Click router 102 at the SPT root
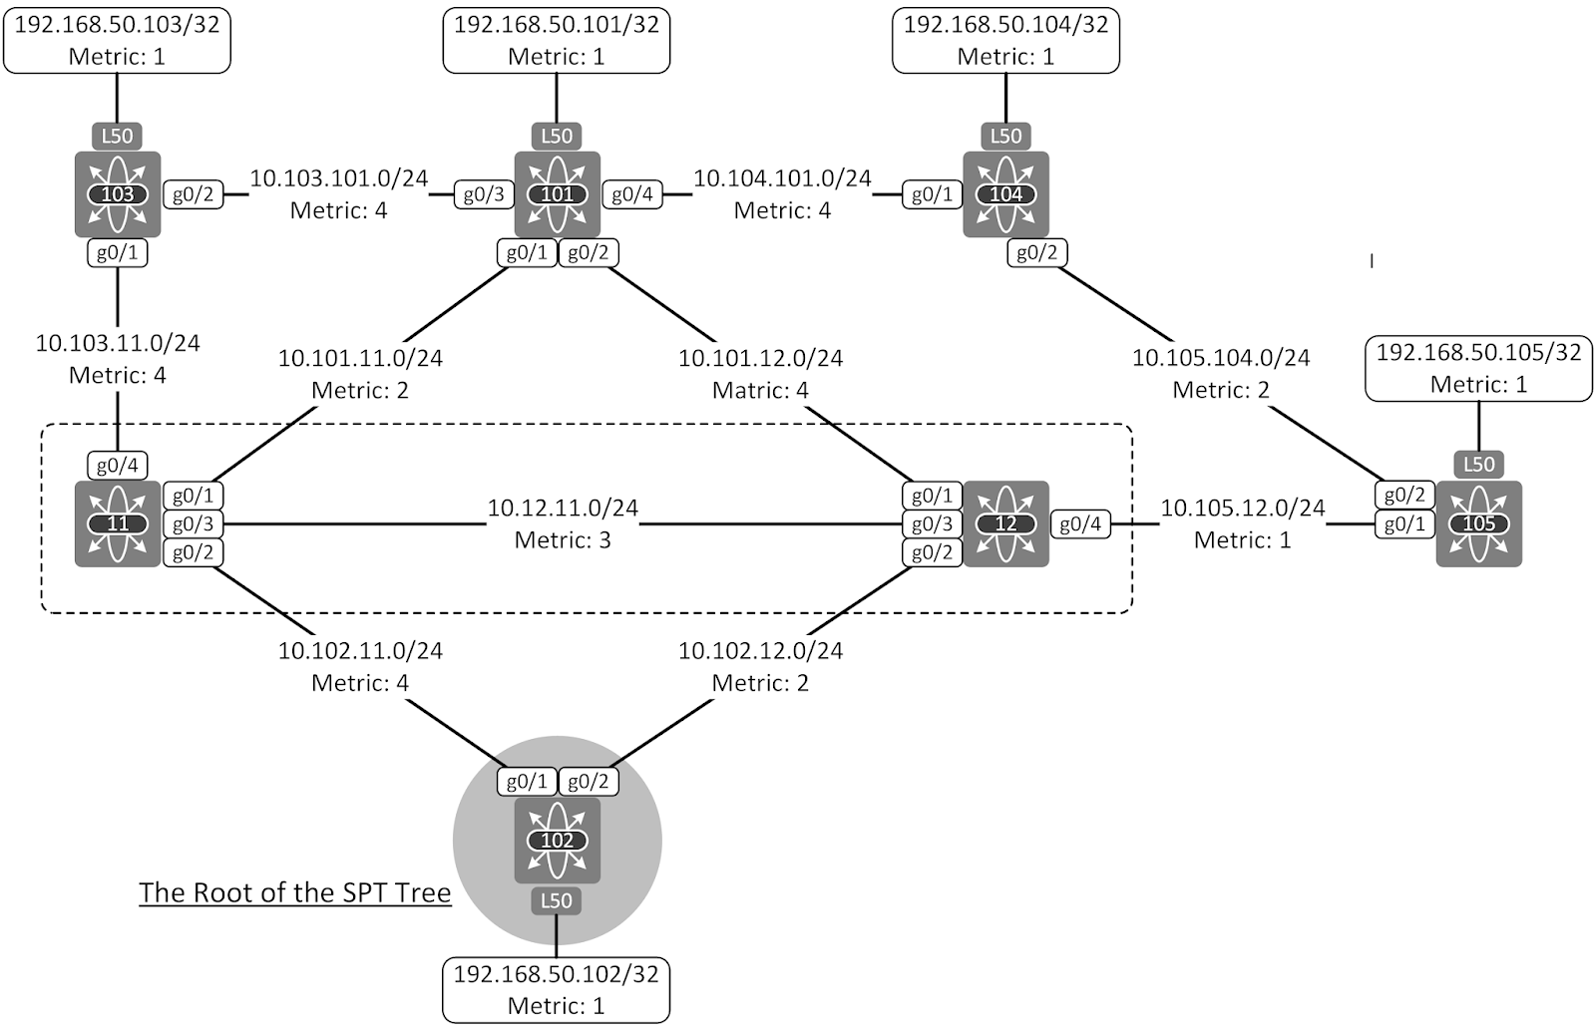point(557,840)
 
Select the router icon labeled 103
point(118,194)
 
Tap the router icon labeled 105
point(1478,523)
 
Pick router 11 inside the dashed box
point(118,523)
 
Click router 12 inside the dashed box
point(1005,523)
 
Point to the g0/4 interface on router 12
point(1080,523)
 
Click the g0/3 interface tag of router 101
point(484,194)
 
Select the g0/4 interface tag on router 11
point(118,465)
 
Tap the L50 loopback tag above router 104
point(1005,136)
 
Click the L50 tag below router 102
point(557,900)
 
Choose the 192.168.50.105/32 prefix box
point(1478,369)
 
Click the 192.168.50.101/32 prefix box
point(557,40)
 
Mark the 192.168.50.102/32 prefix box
point(557,989)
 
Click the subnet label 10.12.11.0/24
point(563,508)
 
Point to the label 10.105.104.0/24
point(1221,357)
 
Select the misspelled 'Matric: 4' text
point(760,390)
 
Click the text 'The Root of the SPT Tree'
point(295,892)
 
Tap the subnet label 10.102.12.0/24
point(760,650)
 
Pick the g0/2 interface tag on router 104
point(1036,252)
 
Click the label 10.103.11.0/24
point(118,343)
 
